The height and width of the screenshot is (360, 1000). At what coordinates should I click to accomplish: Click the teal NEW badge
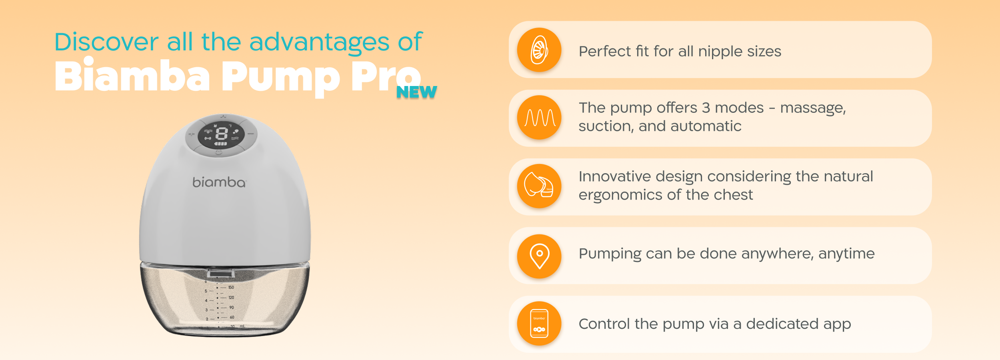(x=416, y=92)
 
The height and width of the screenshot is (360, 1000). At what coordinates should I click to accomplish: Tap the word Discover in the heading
(x=106, y=42)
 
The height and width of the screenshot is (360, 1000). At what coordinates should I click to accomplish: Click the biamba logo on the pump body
(x=219, y=182)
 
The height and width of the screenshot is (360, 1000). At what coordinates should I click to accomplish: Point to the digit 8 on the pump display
(x=221, y=133)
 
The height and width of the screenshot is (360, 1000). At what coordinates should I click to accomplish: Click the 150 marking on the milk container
(x=231, y=287)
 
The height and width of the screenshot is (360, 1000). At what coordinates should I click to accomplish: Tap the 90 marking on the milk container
(x=232, y=307)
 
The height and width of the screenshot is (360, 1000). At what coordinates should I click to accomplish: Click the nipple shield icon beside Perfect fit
(x=539, y=50)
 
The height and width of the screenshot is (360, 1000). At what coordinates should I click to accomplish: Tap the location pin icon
(x=539, y=256)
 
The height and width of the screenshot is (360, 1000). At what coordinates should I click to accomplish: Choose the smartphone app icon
(x=539, y=324)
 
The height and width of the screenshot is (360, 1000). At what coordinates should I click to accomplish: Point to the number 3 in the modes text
(x=706, y=108)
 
